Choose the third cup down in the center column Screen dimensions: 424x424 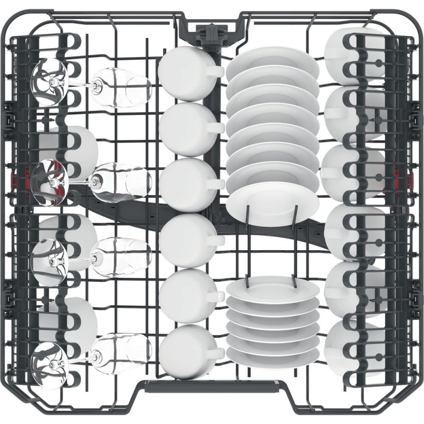183,183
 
